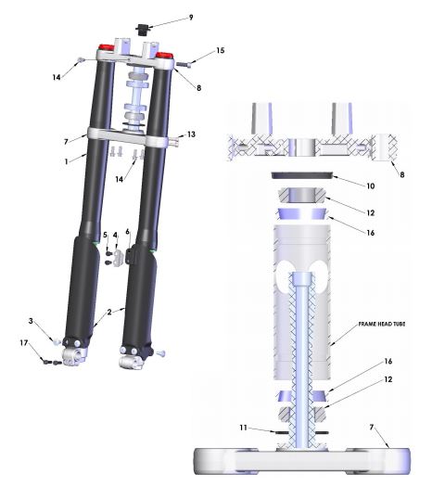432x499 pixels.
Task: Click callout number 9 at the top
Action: click(x=191, y=18)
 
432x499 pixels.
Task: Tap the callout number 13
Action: click(x=191, y=135)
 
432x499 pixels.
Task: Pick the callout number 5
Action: click(x=105, y=236)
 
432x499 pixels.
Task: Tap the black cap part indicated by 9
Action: click(x=144, y=30)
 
